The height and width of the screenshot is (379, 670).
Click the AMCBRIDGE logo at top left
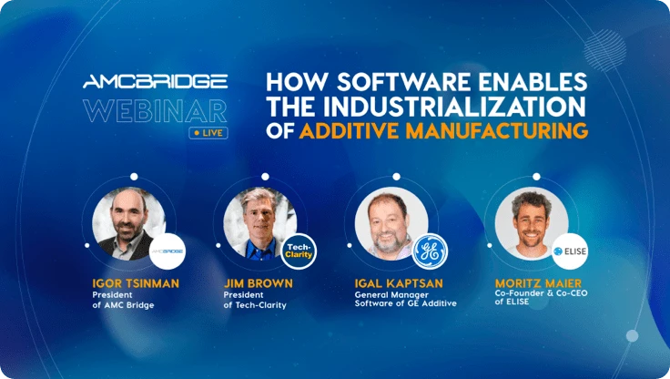(155, 81)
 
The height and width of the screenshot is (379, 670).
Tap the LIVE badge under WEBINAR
(208, 133)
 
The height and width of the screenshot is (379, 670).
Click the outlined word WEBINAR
(155, 111)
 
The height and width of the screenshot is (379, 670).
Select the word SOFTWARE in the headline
(404, 82)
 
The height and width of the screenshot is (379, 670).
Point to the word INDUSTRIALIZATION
(453, 107)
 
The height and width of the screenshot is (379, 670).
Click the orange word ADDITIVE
(350, 131)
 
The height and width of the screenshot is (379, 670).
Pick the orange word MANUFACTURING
(496, 131)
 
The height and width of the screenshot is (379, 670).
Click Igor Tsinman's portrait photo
(128, 223)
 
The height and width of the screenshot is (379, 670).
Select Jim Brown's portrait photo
(259, 223)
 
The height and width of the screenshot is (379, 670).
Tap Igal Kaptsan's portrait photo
(391, 223)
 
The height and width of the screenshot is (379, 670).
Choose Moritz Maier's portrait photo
(532, 223)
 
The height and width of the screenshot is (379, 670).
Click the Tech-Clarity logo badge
(299, 251)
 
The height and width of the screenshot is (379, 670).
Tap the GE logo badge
(431, 251)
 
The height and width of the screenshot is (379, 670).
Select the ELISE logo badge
(570, 251)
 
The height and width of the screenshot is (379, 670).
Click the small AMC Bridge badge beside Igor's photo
(167, 251)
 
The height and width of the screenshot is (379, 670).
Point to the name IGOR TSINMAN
(136, 283)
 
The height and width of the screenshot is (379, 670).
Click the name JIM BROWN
(259, 283)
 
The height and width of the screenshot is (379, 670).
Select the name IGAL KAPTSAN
(399, 283)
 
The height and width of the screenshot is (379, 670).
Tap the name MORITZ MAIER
(538, 283)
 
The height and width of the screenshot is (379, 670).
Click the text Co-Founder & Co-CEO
(541, 293)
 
